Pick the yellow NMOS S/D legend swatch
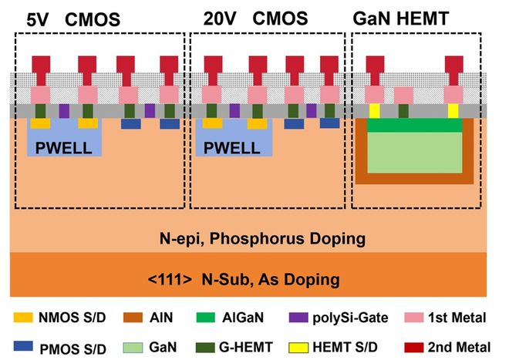(25, 314)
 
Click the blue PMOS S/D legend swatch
(25, 345)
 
